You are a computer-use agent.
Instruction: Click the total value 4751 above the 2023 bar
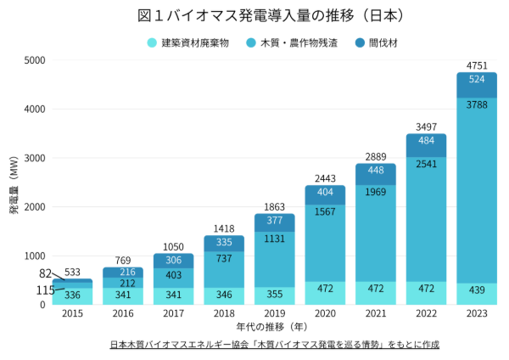click(x=476, y=65)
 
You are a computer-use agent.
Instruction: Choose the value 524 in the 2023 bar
click(x=476, y=79)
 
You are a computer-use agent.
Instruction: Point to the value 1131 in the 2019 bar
click(x=276, y=239)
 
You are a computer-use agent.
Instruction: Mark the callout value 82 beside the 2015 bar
click(x=46, y=274)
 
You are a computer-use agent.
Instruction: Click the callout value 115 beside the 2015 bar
click(x=45, y=290)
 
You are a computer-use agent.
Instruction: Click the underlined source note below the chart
click(x=274, y=346)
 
